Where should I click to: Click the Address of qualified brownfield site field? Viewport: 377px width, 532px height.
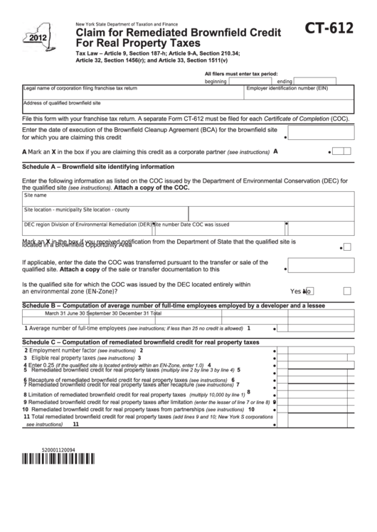coord(188,107)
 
